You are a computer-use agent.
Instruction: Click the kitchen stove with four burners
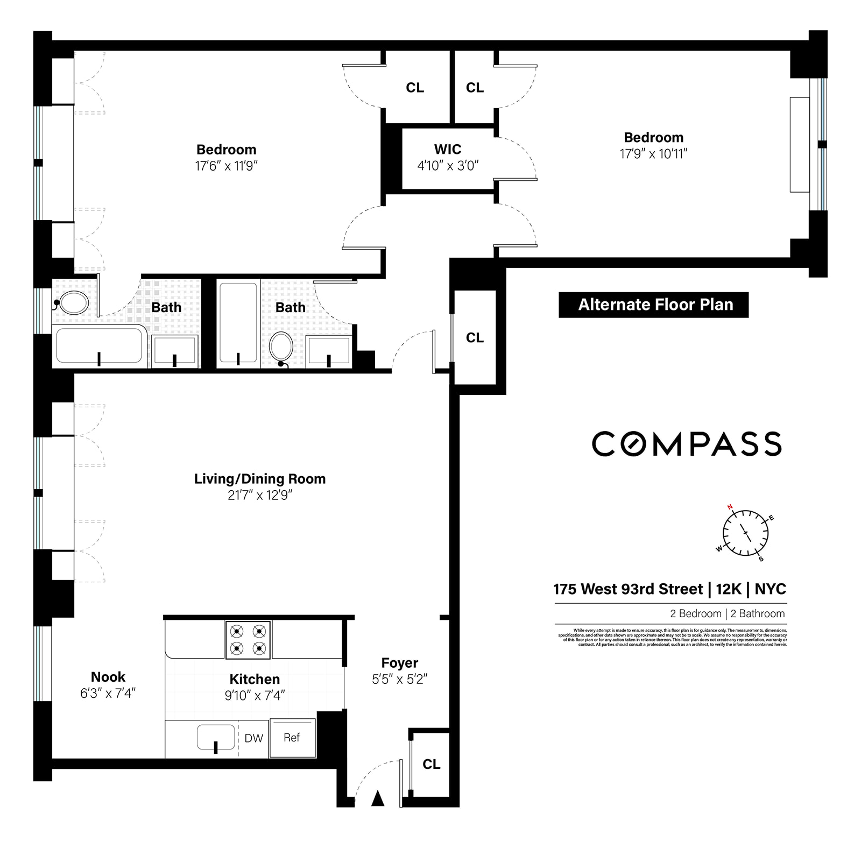(248, 639)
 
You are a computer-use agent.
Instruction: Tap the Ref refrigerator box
(292, 738)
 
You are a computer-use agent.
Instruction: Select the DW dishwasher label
(253, 738)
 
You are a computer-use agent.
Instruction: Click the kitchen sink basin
(216, 737)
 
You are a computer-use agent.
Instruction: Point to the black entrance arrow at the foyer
(378, 798)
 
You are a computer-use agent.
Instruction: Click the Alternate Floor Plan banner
(653, 305)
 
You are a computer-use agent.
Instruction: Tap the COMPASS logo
(687, 444)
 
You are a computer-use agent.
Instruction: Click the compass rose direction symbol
(745, 533)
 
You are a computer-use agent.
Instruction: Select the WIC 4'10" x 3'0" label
(448, 157)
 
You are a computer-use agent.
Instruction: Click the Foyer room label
(399, 663)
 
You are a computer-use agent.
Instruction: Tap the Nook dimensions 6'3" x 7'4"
(108, 694)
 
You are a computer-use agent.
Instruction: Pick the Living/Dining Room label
(260, 479)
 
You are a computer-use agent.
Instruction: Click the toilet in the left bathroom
(73, 303)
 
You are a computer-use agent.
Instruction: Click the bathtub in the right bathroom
(238, 323)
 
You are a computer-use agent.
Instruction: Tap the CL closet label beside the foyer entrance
(431, 764)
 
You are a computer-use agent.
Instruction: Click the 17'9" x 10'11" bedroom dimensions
(653, 154)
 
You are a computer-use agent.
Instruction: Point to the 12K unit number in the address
(729, 589)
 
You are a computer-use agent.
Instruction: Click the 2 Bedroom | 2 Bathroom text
(727, 613)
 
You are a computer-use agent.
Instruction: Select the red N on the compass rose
(730, 507)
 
